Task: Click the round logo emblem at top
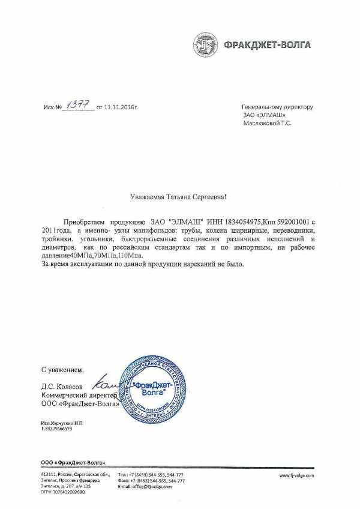[x=205, y=44]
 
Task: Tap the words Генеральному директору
[x=277, y=107]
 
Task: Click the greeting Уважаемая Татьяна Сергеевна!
[x=179, y=196]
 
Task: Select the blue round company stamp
[x=151, y=390]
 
